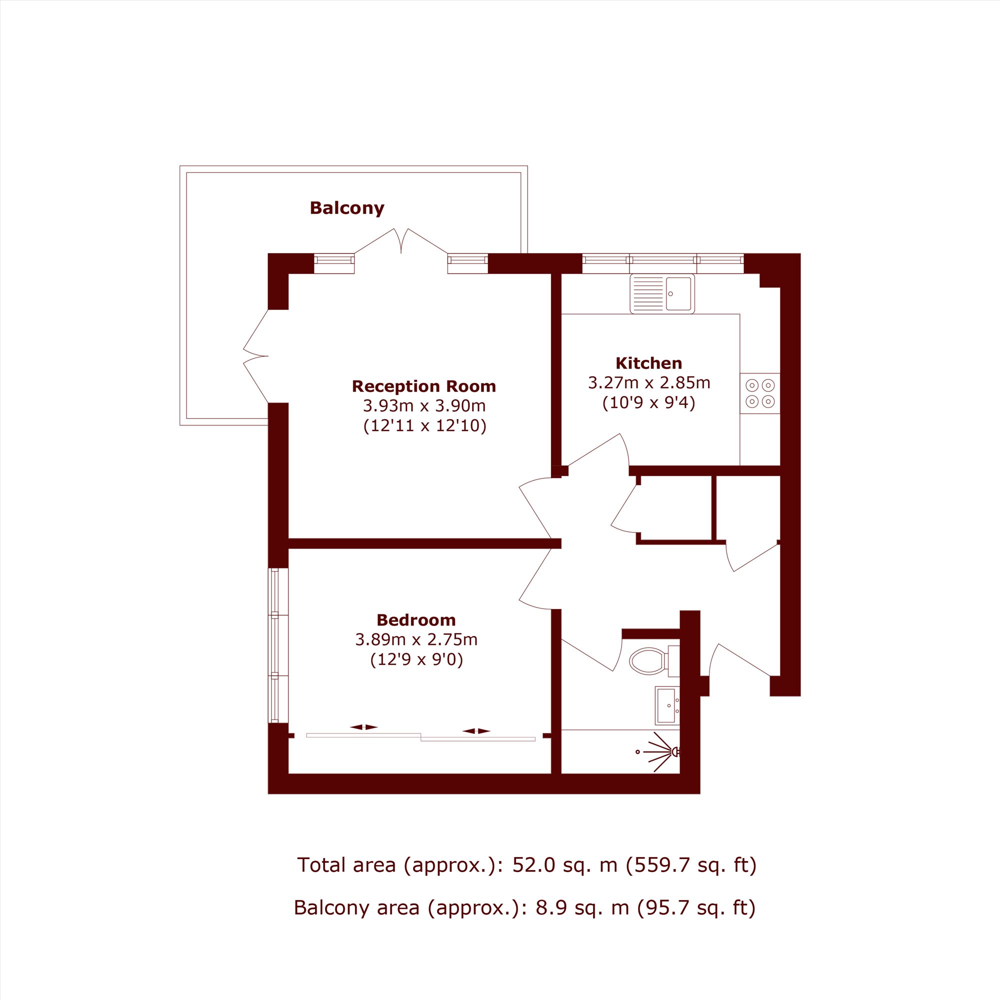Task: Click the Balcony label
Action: point(347,208)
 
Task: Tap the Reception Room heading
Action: point(424,386)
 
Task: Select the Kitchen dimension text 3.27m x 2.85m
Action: point(649,382)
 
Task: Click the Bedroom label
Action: point(416,619)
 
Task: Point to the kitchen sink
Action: point(662,293)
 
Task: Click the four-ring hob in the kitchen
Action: point(760,393)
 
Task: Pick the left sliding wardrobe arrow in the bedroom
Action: point(364,726)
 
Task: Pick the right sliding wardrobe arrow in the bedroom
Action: point(476,731)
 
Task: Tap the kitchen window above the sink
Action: point(663,263)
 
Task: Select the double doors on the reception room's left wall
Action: point(255,356)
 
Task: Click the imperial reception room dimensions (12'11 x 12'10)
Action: point(425,425)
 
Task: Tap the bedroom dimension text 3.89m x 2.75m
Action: point(416,640)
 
